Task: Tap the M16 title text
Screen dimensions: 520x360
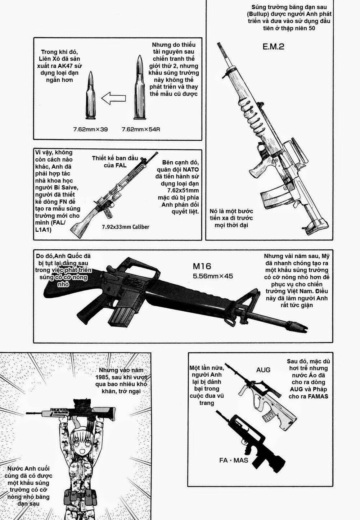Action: click(x=202, y=266)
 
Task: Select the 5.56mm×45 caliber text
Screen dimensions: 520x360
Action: click(x=213, y=276)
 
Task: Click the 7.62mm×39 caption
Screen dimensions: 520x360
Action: click(x=91, y=129)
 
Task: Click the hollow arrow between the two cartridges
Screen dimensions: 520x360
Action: click(x=113, y=97)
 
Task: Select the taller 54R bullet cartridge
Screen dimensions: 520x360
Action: click(x=139, y=88)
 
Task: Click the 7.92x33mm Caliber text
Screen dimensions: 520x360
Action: click(x=125, y=227)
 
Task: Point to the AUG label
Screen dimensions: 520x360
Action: click(x=263, y=370)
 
